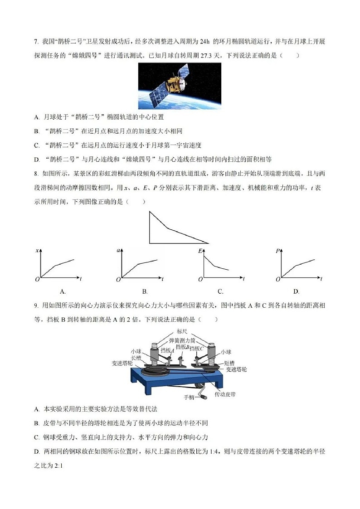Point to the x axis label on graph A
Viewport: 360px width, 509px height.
pos(37,251)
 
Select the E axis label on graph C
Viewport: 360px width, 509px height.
pos(199,251)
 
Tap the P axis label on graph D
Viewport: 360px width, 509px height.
pos(277,251)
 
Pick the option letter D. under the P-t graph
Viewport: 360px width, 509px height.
pos(296,291)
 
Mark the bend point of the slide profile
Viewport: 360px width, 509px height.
pos(168,228)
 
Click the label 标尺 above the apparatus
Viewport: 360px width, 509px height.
pos(182,331)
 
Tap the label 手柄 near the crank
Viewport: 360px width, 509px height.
pos(189,398)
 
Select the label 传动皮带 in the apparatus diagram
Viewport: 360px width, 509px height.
pos(226,394)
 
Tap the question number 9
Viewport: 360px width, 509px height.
pos(35,306)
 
